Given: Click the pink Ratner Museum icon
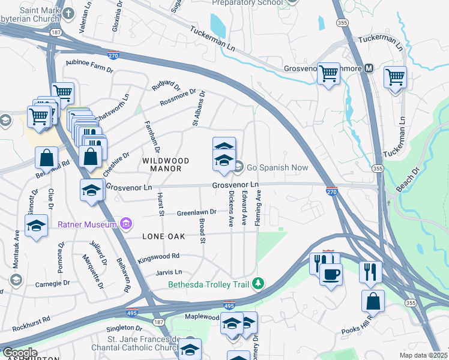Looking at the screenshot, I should [x=125, y=224].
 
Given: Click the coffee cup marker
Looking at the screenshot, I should [x=331, y=274].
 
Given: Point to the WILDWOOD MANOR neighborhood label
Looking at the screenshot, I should [x=166, y=165].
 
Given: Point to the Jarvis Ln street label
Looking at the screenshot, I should [x=169, y=272].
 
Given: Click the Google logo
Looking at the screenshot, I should [x=19, y=353].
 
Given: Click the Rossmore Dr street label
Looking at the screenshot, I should [x=178, y=99].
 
